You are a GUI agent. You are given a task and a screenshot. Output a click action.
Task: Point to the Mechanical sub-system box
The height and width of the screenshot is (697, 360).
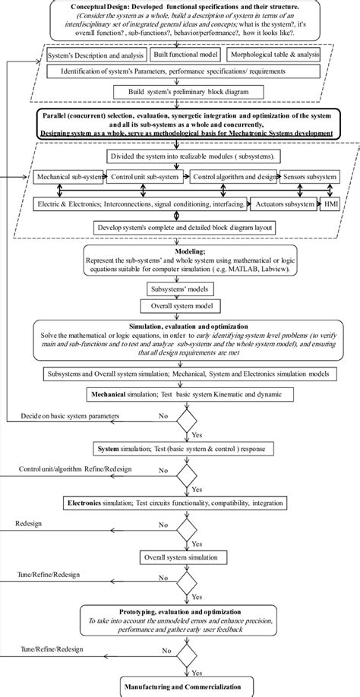pos(64,177)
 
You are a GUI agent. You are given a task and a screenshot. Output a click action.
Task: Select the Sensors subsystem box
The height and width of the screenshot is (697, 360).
pos(308,177)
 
